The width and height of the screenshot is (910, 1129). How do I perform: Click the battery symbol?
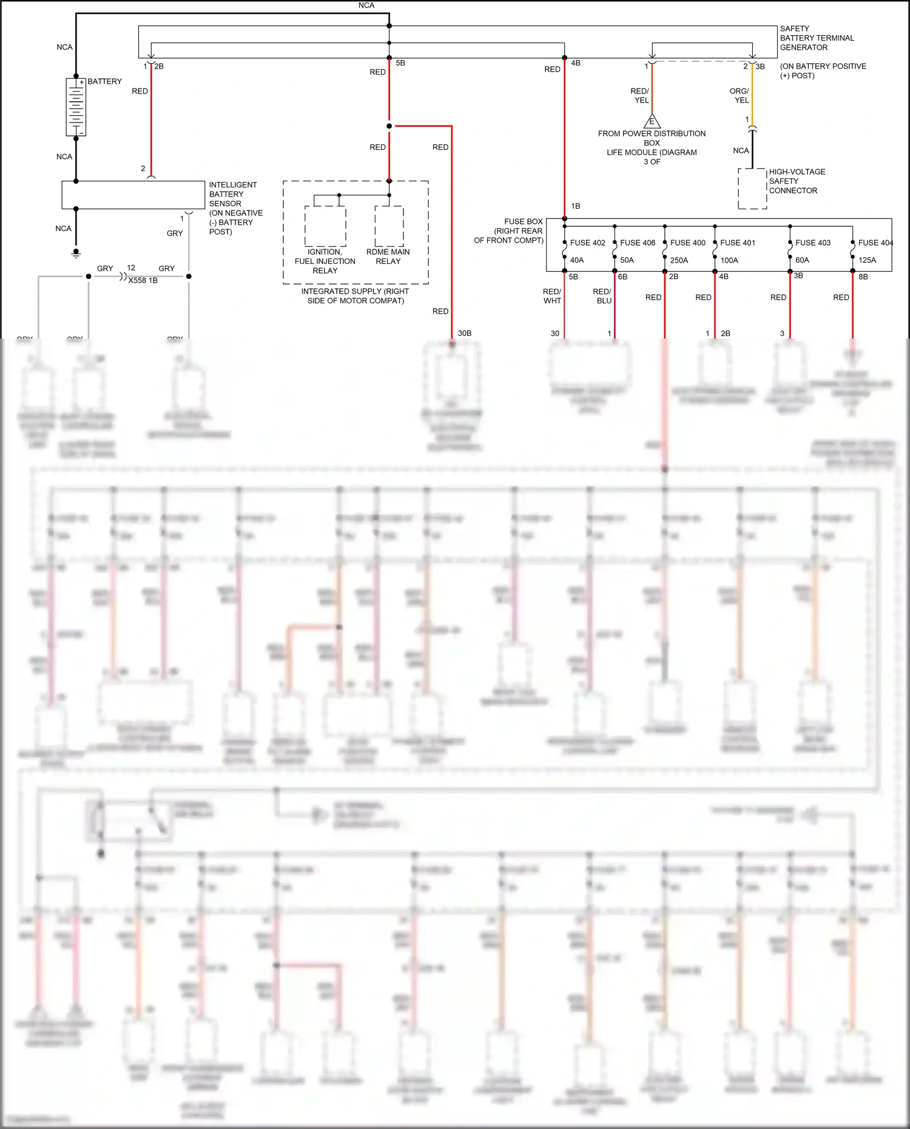pos(76,107)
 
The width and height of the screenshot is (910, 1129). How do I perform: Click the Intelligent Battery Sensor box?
pos(133,195)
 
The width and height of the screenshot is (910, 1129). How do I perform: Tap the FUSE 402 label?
pos(587,243)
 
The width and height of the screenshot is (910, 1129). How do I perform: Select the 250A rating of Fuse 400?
pos(679,260)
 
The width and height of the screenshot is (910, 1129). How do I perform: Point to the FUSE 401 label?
pos(737,243)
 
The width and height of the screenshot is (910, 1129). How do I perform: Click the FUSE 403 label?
pos(812,243)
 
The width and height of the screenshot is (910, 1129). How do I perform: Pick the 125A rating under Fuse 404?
pos(867,260)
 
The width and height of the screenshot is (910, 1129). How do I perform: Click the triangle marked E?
pos(652,121)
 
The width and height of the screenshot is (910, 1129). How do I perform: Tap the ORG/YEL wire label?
pos(740,95)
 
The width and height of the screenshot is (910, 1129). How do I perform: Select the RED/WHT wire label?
pos(552,296)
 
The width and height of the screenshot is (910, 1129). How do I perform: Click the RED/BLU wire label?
pos(602,296)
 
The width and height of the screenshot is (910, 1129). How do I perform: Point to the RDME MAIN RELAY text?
pos(388,257)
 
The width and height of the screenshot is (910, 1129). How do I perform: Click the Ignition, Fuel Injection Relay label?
pos(325,261)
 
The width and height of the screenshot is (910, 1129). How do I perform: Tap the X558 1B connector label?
pos(143,280)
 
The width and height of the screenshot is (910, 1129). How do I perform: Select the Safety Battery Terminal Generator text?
pos(816,38)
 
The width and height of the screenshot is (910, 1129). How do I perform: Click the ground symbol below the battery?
pos(76,252)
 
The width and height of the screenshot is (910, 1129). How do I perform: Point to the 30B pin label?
pos(464,333)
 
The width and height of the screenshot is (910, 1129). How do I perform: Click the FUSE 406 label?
pos(637,243)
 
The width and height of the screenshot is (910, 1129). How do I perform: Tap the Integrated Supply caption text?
pos(355,296)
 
